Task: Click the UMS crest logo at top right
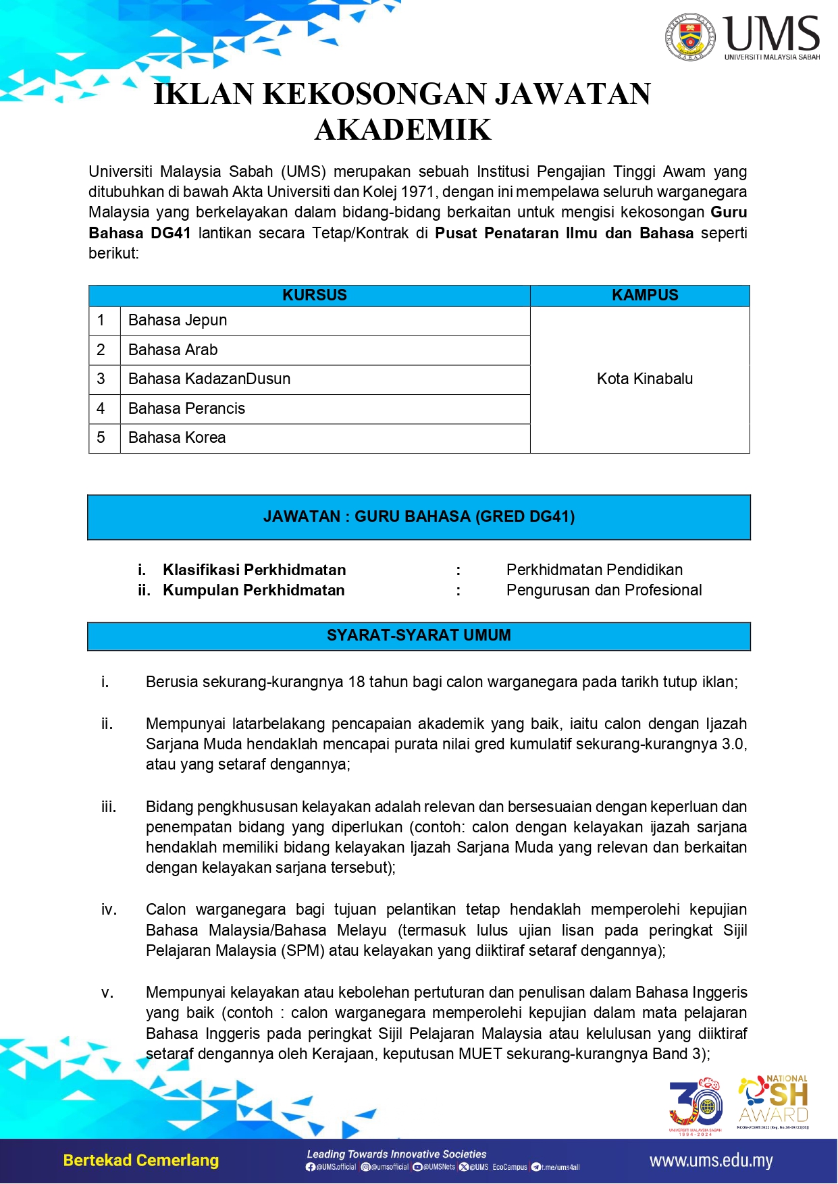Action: click(689, 36)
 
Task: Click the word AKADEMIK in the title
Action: click(403, 130)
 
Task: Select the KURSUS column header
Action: click(314, 295)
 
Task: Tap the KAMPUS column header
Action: click(645, 295)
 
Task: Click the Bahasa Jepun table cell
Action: click(178, 320)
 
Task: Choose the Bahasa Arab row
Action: click(173, 350)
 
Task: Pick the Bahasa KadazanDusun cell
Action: click(209, 379)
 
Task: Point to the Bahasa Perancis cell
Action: click(186, 408)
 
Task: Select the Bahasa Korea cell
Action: click(177, 437)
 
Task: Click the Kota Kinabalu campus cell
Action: click(644, 379)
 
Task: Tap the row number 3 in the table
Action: click(101, 379)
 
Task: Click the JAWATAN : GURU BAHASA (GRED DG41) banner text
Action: click(419, 516)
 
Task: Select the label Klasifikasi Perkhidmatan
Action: click(254, 570)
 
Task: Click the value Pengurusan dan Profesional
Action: click(604, 590)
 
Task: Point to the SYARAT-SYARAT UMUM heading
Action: click(419, 635)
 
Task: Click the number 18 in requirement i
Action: click(357, 682)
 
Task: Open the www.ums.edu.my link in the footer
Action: click(710, 1161)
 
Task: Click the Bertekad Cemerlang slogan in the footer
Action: click(141, 1160)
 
